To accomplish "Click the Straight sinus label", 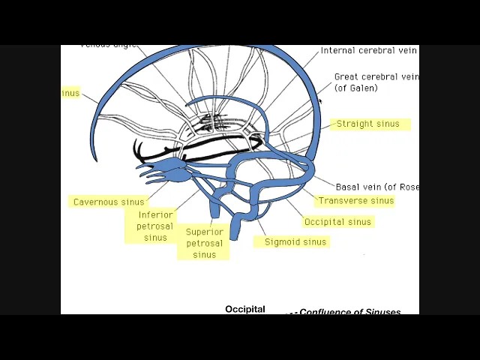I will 367,124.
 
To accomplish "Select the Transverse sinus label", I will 355,201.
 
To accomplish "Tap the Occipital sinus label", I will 337,222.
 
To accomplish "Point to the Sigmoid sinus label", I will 295,242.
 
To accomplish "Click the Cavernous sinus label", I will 109,202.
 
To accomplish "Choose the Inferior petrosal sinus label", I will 155,226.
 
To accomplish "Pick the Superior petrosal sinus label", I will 204,243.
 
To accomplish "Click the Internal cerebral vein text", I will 368,50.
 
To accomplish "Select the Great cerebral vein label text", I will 376,76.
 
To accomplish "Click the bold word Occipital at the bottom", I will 245,309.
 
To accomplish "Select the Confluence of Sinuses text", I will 349,312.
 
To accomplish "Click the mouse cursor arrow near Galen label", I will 320,100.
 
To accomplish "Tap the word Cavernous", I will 96,202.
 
